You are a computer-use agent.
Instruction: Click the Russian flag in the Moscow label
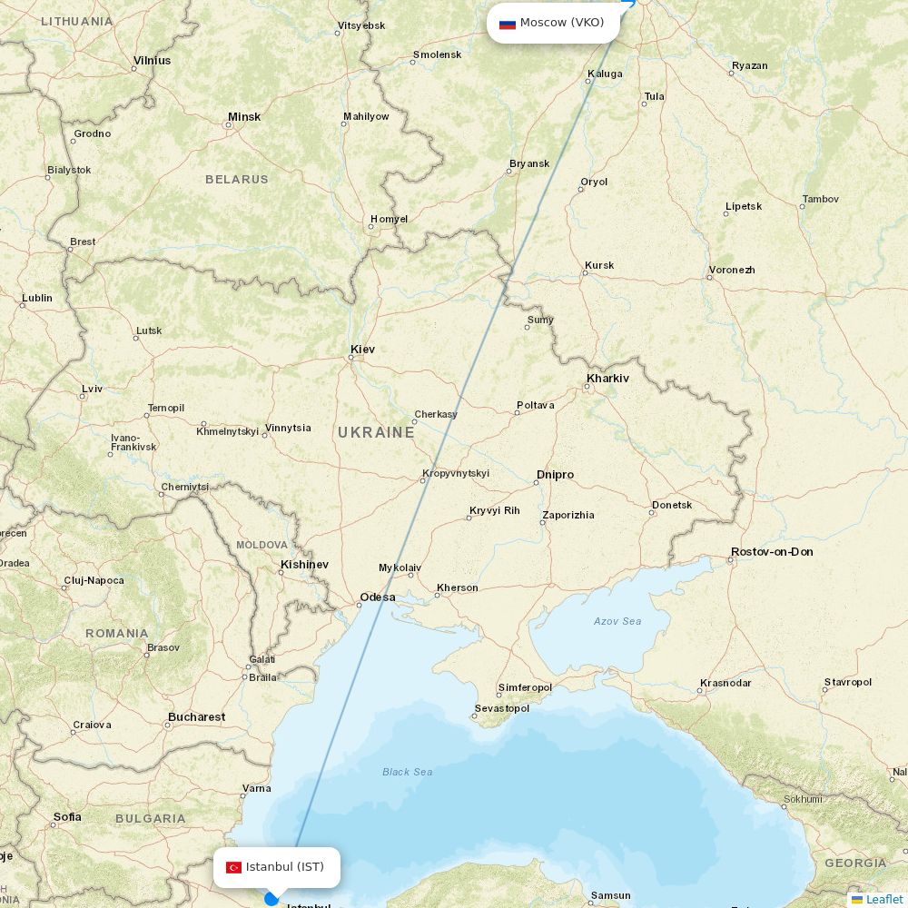[508, 23]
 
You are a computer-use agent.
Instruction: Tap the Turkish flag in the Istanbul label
[233, 867]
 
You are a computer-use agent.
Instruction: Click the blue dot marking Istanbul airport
[271, 899]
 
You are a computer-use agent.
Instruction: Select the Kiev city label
[362, 349]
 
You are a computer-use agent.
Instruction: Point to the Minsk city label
[243, 116]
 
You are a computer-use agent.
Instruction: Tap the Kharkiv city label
[607, 378]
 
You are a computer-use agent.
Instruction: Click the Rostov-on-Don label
[771, 551]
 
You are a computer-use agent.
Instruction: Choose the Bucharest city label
[196, 716]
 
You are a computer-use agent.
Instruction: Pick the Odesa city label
[377, 597]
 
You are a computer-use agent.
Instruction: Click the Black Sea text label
[407, 772]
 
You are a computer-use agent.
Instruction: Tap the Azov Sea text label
[617, 621]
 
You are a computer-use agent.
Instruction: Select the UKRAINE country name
[376, 432]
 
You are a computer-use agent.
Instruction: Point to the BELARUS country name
[236, 179]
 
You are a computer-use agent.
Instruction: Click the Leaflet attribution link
[883, 899]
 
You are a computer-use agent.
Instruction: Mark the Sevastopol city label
[501, 708]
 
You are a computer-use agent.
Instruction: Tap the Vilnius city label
[152, 60]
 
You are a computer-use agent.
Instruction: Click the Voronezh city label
[732, 270]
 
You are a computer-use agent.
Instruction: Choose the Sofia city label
[67, 816]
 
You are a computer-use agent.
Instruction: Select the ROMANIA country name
[117, 633]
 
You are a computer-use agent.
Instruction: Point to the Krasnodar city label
[725, 683]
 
